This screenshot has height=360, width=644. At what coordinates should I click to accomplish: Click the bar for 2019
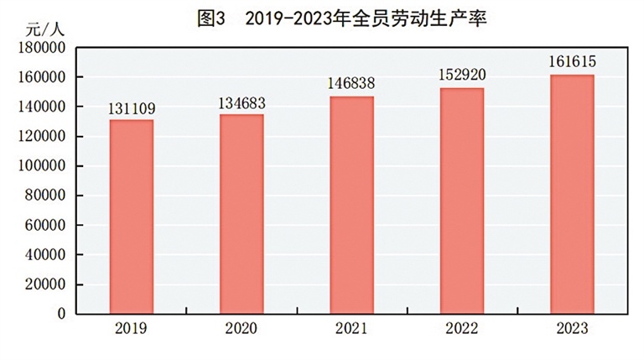132,217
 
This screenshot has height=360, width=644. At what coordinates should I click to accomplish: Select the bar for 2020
241,214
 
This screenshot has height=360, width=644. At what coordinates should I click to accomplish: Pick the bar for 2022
462,201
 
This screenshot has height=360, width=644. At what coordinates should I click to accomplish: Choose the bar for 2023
572,194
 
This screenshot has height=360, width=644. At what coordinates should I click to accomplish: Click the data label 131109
132,109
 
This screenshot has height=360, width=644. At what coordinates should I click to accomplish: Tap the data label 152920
462,76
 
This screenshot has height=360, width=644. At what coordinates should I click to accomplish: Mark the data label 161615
572,63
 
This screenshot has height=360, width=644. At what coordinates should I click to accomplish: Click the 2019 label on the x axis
132,328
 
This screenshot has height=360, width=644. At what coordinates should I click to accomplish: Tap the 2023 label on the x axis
572,328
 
